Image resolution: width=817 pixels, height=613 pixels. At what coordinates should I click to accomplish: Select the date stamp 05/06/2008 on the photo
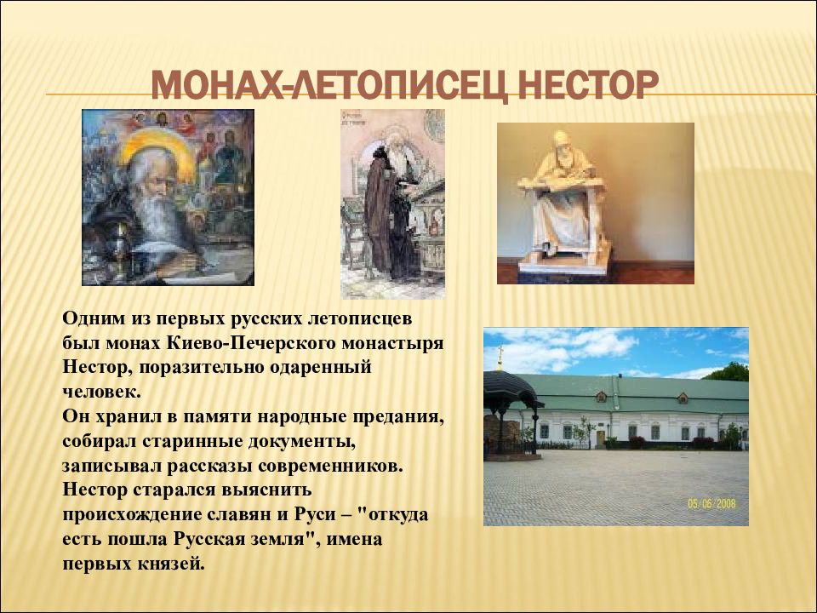tap(711, 503)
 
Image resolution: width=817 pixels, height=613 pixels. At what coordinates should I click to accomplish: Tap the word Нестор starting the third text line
tap(97, 367)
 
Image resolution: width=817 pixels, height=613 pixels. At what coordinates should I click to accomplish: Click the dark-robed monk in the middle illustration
tap(386, 214)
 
